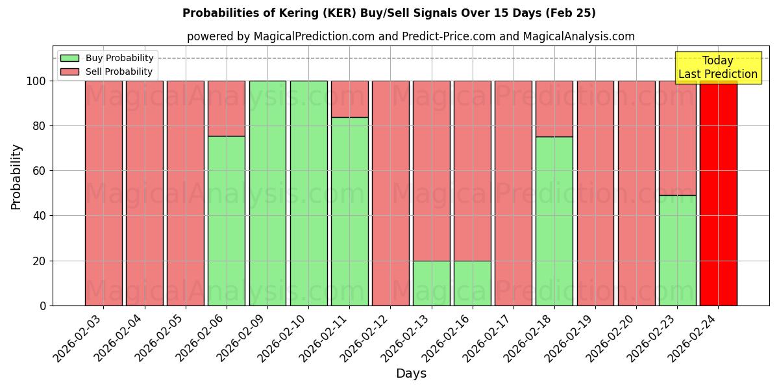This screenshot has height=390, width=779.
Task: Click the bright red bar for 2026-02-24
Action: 718,195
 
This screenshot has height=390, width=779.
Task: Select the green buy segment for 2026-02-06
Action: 227,221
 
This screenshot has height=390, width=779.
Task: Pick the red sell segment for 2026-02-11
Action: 349,99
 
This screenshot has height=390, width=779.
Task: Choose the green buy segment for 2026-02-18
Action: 554,221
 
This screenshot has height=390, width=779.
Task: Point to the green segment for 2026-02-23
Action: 677,250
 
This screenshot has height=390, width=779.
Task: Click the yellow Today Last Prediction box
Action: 718,68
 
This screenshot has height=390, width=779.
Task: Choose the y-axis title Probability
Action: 16,176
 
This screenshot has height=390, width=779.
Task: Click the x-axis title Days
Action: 411,374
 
